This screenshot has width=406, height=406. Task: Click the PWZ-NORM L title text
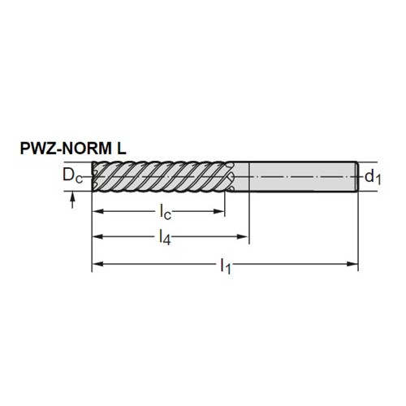tap(73, 149)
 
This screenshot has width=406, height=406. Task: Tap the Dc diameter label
tap(72, 175)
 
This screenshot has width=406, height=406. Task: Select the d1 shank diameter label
tap(373, 177)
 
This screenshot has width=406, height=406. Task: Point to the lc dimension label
tap(165, 212)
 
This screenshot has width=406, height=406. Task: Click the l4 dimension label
tap(165, 237)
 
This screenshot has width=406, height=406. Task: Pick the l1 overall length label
tap(225, 266)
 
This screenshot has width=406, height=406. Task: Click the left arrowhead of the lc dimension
tap(98, 211)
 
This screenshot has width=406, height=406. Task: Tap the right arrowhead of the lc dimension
tap(219, 211)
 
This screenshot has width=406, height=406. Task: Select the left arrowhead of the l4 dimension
tap(98, 237)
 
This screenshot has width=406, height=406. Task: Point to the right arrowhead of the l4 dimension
tap(243, 237)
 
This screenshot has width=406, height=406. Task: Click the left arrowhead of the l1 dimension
tap(98, 264)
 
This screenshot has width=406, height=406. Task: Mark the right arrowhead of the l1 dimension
tap(352, 264)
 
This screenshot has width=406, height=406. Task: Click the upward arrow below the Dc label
tap(72, 201)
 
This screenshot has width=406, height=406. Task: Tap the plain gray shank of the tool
tap(302, 177)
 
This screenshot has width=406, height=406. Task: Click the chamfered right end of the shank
tap(356, 177)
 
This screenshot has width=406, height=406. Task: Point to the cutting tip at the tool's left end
tap(94, 177)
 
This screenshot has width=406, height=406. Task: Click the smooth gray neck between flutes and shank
tap(241, 177)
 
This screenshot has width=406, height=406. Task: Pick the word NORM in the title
tap(86, 149)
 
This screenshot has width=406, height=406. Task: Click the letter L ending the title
tap(122, 149)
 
